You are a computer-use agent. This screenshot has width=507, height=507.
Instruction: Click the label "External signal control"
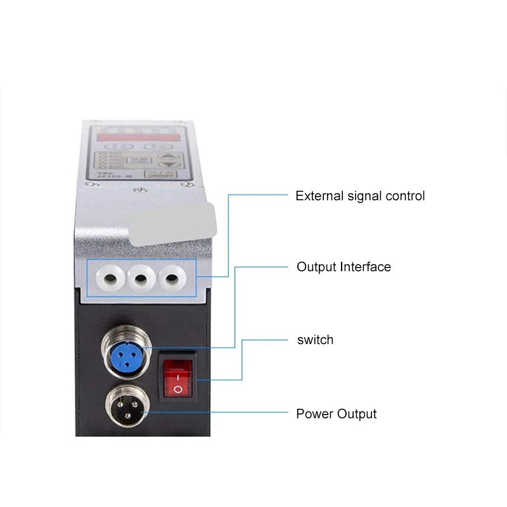pos(360,196)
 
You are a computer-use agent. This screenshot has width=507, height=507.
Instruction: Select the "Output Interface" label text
pos(343,267)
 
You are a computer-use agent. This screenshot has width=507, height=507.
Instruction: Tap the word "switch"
pos(315,340)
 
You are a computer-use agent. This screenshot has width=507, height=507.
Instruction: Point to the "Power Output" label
pos(336,414)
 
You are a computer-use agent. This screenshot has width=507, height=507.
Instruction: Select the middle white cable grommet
pos(141,278)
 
